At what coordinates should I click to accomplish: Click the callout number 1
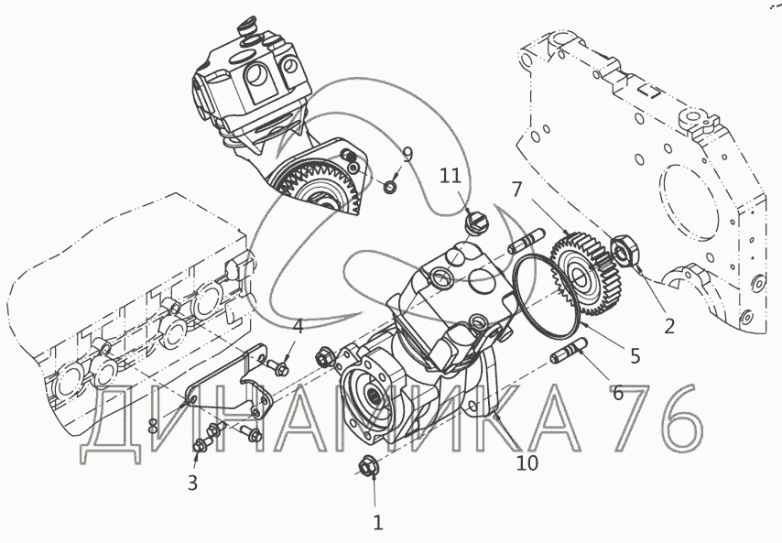click(x=378, y=523)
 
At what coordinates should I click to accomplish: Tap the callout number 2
click(x=668, y=326)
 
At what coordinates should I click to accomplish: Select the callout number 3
click(x=192, y=483)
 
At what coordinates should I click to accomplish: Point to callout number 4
click(x=298, y=328)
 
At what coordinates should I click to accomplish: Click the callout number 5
click(x=635, y=356)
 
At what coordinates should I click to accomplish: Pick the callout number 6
click(x=618, y=394)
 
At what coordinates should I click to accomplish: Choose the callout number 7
click(x=516, y=190)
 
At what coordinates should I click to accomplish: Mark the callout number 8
click(x=153, y=427)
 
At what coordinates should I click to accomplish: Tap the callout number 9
click(x=408, y=155)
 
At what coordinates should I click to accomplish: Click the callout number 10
click(x=527, y=463)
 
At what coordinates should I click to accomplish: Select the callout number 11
click(x=451, y=176)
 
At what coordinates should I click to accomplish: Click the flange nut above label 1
click(x=368, y=467)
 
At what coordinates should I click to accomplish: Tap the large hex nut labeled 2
click(x=625, y=251)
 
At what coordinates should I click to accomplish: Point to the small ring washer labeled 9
click(x=390, y=188)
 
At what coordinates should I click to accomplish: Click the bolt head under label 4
click(x=279, y=368)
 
